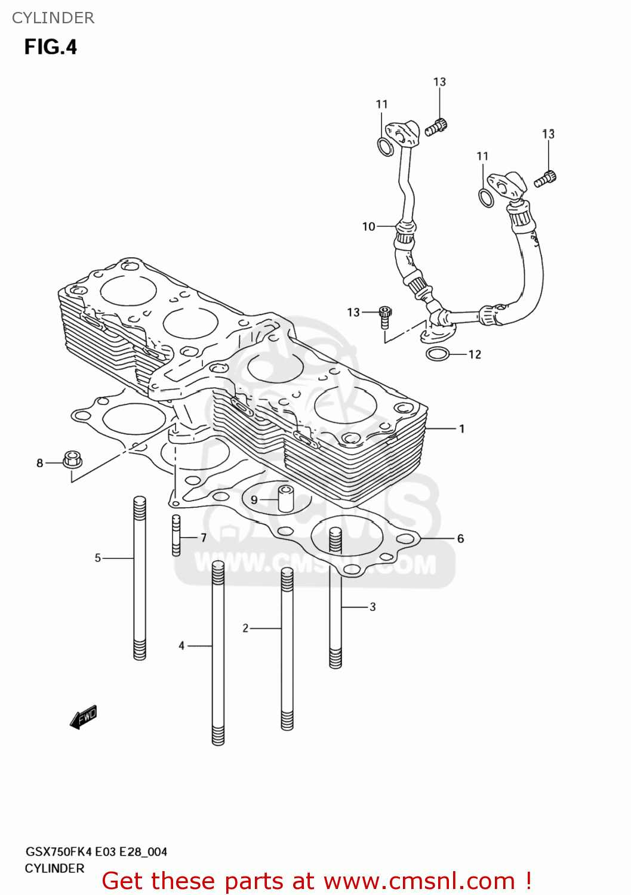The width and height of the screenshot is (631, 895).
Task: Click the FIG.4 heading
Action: point(51,47)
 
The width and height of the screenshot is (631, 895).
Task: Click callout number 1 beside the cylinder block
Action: point(461,428)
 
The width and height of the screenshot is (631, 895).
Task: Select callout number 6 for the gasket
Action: point(460,538)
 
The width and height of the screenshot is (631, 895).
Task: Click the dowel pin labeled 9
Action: point(286,499)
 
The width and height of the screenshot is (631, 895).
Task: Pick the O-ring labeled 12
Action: point(438,354)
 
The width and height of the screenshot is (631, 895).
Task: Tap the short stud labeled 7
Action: point(176,535)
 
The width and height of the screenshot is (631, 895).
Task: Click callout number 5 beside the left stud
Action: point(98,558)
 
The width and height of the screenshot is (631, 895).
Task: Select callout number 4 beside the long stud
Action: point(181,646)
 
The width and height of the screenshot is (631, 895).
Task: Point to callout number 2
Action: point(245,628)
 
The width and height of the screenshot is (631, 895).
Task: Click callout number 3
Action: point(373,607)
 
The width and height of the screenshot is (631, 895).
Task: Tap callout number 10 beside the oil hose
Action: point(368,227)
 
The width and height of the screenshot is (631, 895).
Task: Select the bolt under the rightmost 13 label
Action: point(545,178)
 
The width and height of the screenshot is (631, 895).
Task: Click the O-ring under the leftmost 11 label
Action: point(386,146)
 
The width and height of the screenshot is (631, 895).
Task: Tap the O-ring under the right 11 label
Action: point(487,197)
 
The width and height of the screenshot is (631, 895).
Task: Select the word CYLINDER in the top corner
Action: point(53,18)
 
